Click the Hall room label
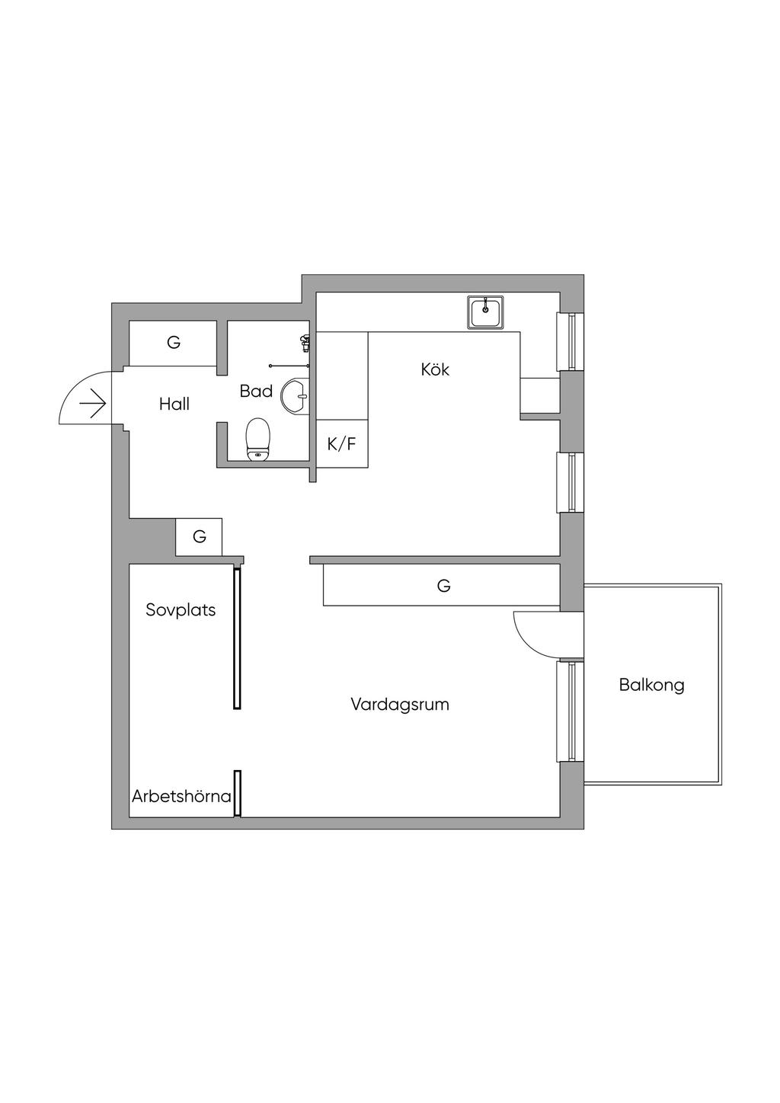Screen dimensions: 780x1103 [174, 404]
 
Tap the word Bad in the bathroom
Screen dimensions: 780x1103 [256, 391]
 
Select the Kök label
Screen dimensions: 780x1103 [435, 369]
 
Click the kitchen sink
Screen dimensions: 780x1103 [485, 312]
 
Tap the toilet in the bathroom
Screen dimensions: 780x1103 [258, 440]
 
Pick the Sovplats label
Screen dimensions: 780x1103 [181, 610]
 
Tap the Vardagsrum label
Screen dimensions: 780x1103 [400, 705]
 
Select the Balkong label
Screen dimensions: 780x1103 [651, 686]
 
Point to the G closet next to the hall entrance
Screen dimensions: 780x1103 [173, 344]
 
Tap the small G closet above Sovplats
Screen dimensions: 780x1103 [199, 536]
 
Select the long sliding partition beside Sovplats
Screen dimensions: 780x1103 [238, 638]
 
